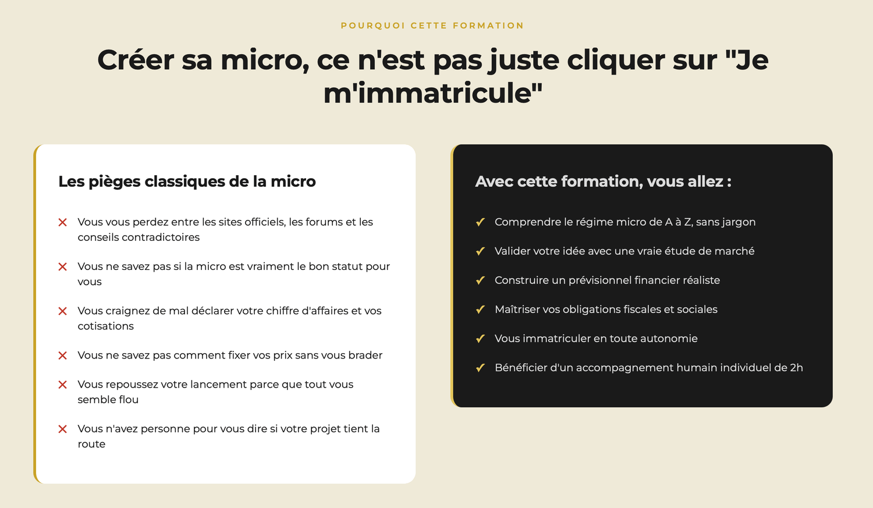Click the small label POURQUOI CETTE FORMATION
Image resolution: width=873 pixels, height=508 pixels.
[432, 26]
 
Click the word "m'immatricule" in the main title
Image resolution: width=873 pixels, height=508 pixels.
[432, 94]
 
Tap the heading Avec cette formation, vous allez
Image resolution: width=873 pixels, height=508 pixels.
[603, 182]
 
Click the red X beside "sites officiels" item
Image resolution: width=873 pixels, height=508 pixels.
[62, 222]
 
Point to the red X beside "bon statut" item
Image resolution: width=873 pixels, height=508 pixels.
[62, 267]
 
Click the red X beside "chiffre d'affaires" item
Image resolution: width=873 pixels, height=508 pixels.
[62, 311]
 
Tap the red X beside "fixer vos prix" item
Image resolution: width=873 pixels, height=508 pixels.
[62, 356]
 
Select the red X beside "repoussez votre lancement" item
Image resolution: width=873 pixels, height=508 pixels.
[62, 385]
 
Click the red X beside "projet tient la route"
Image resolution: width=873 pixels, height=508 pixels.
[62, 429]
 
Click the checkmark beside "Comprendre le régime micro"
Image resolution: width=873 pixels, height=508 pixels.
[480, 222]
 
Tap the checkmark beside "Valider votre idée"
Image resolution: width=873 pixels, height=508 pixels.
[480, 251]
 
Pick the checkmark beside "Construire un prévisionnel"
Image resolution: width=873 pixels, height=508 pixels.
[480, 280]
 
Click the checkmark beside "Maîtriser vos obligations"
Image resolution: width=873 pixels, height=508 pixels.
[480, 310]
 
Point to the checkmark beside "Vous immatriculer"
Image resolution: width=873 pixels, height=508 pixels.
[480, 339]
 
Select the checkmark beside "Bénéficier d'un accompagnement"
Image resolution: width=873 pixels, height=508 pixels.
[480, 368]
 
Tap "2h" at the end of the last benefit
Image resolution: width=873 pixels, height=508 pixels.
[797, 368]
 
